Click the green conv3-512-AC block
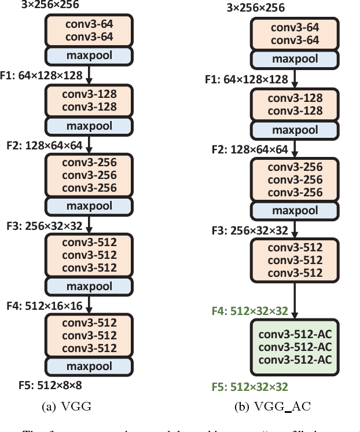coord(295,347)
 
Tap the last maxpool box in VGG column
coord(89,366)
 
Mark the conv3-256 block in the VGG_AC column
coord(295,180)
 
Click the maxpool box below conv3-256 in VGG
coord(89,206)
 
